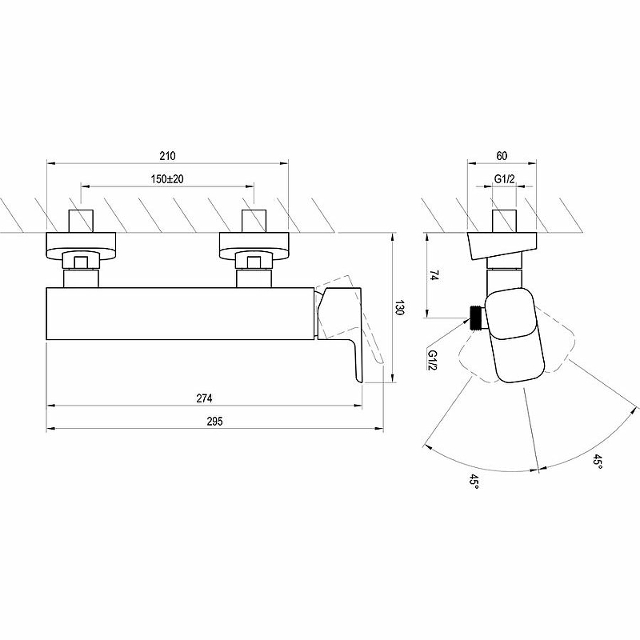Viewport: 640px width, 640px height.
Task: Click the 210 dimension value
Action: tap(167, 155)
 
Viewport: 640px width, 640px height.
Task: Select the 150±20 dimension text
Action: tap(167, 180)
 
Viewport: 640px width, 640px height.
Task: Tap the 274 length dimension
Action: tap(203, 398)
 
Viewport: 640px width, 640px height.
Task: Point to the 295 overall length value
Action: tap(212, 421)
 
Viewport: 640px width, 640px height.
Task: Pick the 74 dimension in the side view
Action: tap(433, 275)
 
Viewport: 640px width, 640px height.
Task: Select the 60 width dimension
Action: tap(502, 155)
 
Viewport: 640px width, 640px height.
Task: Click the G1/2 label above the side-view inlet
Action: tap(503, 180)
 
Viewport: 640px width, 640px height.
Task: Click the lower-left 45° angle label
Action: tap(474, 482)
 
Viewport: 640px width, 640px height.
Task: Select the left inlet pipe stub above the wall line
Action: tap(82, 220)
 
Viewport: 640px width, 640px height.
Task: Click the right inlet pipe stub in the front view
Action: tap(254, 220)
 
